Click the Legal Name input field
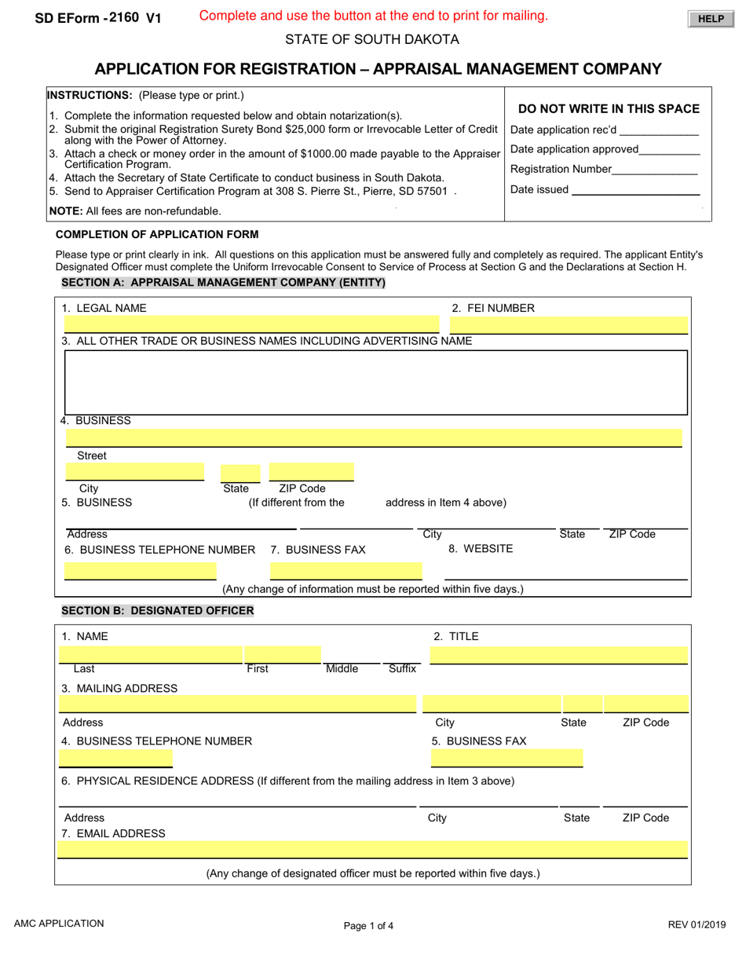tap(251, 324)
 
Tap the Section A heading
tap(223, 283)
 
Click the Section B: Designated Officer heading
tap(157, 610)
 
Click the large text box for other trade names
tap(375, 382)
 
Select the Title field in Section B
tap(559, 655)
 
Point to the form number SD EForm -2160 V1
tap(97, 18)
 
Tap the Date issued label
tap(539, 189)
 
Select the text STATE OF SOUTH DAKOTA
tap(372, 40)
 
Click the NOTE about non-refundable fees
tap(135, 210)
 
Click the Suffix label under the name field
tap(402, 669)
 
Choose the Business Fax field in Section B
tap(506, 758)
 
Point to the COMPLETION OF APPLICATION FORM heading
tap(157, 234)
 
